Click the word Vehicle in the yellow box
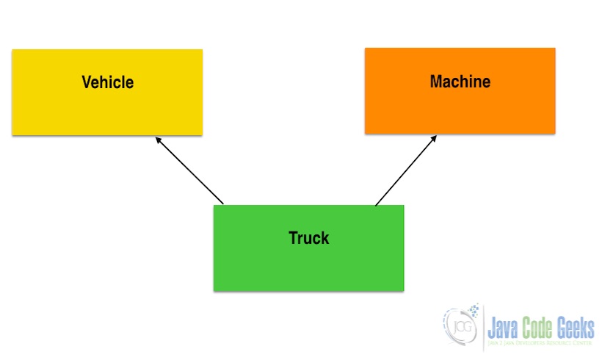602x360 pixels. (x=107, y=82)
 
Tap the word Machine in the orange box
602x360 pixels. (x=460, y=82)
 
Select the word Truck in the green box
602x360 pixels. (x=308, y=238)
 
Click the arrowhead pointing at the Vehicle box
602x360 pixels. (x=158, y=139)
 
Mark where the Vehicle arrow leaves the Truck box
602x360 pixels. (x=223, y=204)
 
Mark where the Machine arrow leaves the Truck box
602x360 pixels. (x=376, y=204)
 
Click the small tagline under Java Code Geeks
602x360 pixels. (x=542, y=343)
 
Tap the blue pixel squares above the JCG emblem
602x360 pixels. (x=474, y=309)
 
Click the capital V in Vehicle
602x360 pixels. (x=86, y=82)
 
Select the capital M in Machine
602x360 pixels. (x=436, y=82)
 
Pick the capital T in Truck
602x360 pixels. (x=293, y=238)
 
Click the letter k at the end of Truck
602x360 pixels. (x=325, y=238)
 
